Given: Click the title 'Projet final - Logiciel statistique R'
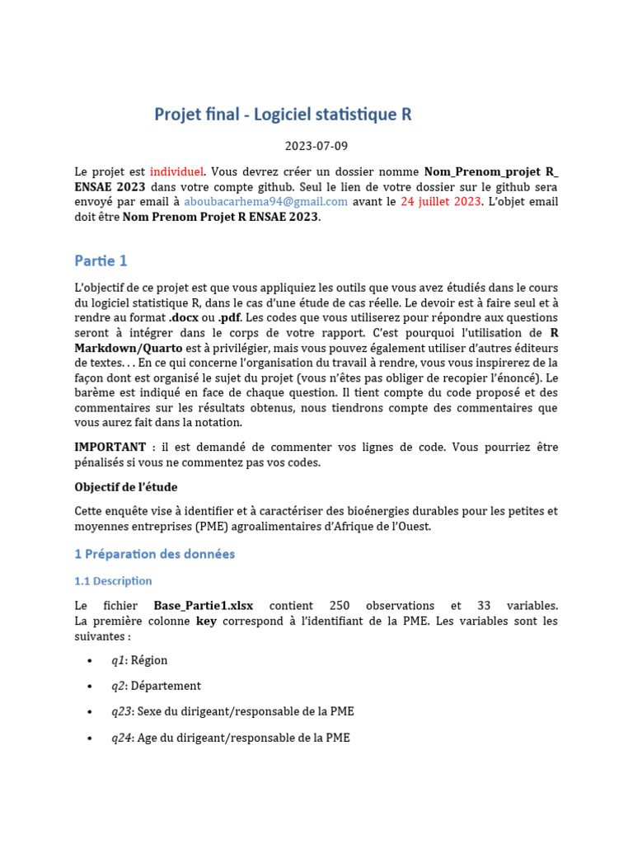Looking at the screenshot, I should point(283,115).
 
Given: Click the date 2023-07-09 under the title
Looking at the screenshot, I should point(316,146).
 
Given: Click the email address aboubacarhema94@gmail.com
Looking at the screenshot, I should point(265,202).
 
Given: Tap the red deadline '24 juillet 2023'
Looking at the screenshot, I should point(439,202).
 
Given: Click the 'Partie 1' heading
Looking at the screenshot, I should point(101,260).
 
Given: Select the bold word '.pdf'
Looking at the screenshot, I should point(230,317).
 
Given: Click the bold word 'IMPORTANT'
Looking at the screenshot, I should point(110,447).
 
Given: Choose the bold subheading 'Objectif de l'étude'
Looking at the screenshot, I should point(125,486).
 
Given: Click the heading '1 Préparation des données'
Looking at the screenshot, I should point(154,554).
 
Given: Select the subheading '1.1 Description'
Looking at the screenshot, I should point(113,581).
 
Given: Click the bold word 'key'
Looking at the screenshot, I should point(206,621).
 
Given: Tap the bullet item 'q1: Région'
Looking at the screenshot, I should point(139,659).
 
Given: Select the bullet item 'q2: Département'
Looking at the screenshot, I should point(156,685).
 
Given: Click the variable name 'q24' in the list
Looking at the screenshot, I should point(120,738).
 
